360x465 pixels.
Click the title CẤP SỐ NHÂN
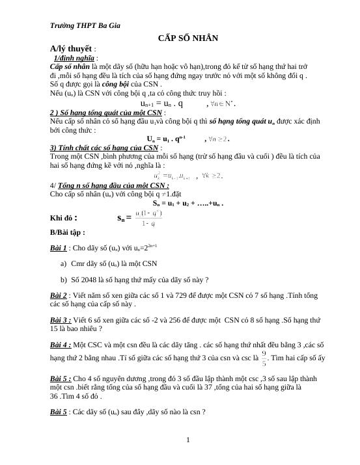pyautogui.click(x=187, y=38)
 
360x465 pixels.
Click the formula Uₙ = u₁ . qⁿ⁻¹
pyautogui.click(x=167, y=139)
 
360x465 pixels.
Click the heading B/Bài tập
pyautogui.click(x=67, y=232)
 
